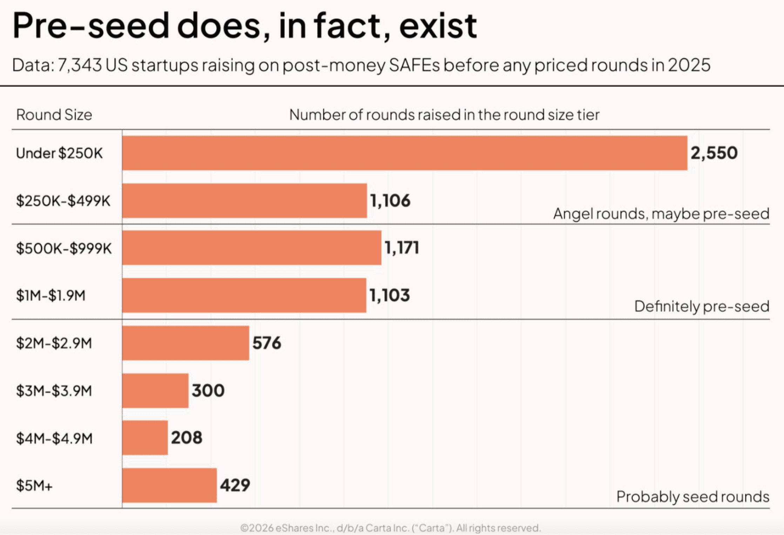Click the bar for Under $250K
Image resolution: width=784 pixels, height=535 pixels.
[x=405, y=153]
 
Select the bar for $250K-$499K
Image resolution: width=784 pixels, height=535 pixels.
[x=244, y=201]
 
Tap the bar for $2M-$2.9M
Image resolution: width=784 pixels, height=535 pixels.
[x=185, y=343]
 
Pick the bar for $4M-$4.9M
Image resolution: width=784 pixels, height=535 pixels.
[x=145, y=438]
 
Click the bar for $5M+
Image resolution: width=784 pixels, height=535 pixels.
[x=169, y=485]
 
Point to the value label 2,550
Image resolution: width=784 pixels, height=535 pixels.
[x=714, y=153]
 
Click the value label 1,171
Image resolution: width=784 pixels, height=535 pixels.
[x=402, y=248]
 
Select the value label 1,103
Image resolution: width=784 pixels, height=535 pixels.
[x=390, y=295]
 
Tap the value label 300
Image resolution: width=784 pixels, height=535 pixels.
[x=208, y=391]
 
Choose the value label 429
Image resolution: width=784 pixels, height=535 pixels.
[x=235, y=485]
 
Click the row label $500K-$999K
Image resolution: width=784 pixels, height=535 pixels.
[x=64, y=248]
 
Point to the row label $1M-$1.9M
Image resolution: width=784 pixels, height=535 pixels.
[x=51, y=296]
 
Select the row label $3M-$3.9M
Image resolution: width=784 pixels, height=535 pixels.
[x=54, y=391]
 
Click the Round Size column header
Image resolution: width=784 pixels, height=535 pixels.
[x=54, y=115]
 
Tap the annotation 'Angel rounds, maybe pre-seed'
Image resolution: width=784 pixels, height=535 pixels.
[x=661, y=214]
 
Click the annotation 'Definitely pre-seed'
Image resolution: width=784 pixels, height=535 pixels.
[x=702, y=306]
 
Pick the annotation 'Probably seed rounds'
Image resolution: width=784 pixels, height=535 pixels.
[x=693, y=496]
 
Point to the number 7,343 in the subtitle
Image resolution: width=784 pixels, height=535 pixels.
[x=80, y=65]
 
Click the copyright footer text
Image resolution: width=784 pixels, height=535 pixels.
[x=391, y=528]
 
